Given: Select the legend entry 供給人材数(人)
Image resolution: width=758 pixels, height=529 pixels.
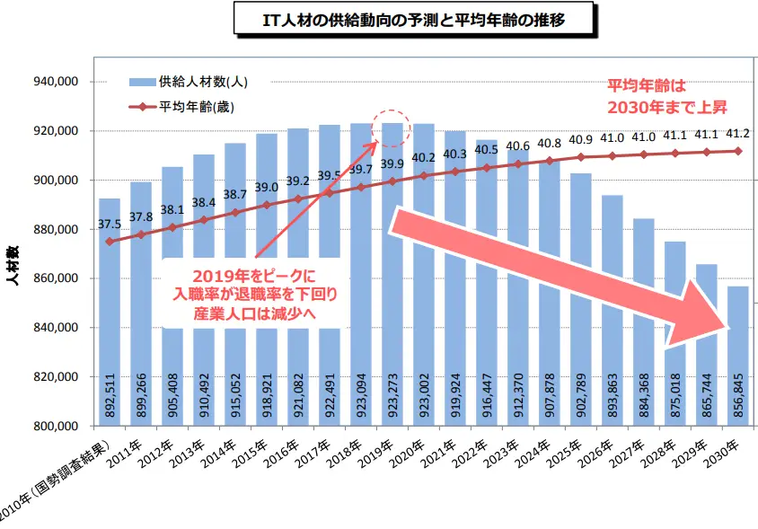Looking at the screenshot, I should (x=202, y=82).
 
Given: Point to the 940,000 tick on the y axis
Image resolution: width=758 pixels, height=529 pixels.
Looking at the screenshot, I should (x=57, y=82).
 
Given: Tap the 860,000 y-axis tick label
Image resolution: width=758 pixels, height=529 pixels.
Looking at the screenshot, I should (x=57, y=278).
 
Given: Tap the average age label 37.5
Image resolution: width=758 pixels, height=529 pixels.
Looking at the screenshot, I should (x=110, y=225).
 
